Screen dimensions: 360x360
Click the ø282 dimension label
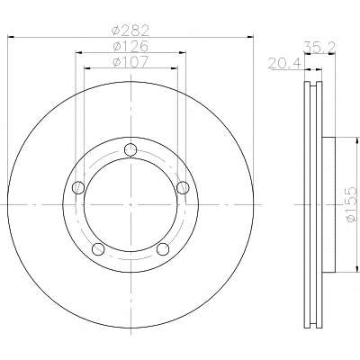tap(130, 31)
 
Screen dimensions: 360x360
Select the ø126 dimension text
tap(130, 46)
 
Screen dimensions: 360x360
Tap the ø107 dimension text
tap(130, 62)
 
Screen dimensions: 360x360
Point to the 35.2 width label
tap(319, 47)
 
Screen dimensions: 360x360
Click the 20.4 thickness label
tap(284, 64)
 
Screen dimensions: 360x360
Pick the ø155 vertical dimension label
tap(351, 205)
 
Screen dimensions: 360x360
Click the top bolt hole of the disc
tap(130, 149)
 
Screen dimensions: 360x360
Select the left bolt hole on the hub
tap(78, 188)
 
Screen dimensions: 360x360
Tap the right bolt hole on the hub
tap(183, 188)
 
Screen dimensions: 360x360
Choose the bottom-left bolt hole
tap(98, 249)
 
